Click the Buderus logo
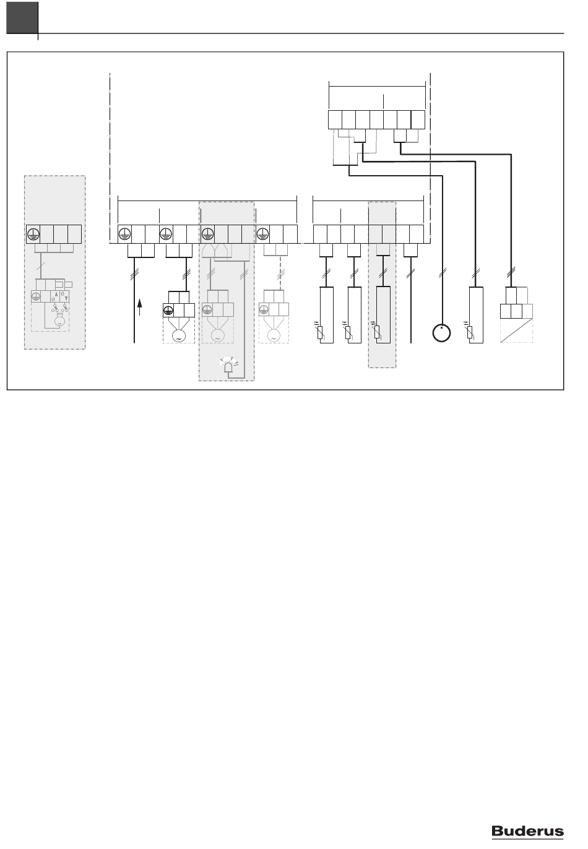527,831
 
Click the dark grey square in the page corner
22,18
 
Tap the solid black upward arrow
139,307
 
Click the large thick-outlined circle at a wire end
442,333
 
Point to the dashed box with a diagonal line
516,330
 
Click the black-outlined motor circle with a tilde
178,336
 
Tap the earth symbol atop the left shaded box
33,234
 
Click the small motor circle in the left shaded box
59,322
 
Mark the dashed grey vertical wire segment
280,271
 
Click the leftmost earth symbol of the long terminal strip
125,234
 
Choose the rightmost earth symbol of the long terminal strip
262,234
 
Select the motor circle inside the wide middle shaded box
217,336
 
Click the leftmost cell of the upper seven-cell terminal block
335,120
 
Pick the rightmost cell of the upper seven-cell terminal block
418,120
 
